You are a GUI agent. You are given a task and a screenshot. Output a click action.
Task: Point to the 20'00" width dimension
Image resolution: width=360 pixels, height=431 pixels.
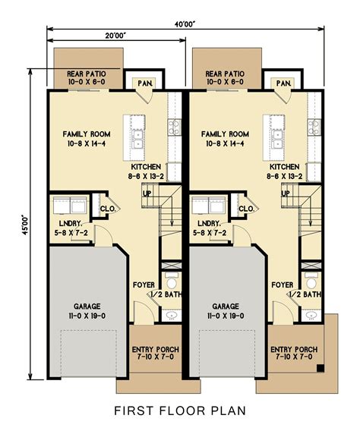(x=116, y=36)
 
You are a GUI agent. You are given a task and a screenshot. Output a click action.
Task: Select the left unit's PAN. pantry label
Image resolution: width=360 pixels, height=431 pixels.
(x=144, y=83)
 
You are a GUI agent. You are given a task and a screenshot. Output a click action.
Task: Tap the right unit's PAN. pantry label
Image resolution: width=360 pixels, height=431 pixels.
(x=284, y=83)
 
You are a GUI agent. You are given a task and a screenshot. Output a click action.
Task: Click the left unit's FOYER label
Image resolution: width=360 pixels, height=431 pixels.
(x=144, y=285)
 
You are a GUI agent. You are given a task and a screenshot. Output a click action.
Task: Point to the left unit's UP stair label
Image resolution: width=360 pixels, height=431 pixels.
(x=147, y=193)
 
